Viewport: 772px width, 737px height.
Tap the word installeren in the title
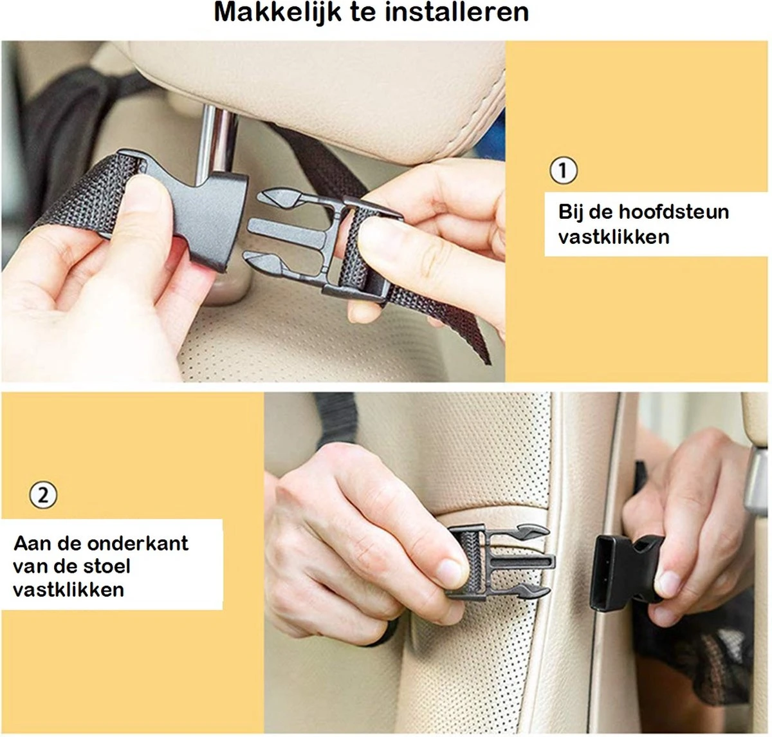click(455, 13)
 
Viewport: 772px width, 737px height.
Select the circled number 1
click(564, 171)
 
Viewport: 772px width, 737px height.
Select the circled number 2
click(43, 496)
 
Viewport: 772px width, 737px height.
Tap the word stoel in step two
click(110, 566)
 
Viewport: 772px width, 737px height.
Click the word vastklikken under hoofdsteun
click(614, 237)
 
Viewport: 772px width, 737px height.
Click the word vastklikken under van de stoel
click(69, 590)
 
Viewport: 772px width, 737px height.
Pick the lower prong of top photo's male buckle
click(270, 263)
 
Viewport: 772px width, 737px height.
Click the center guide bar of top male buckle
click(283, 229)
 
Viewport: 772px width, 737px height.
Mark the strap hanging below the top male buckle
click(450, 322)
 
